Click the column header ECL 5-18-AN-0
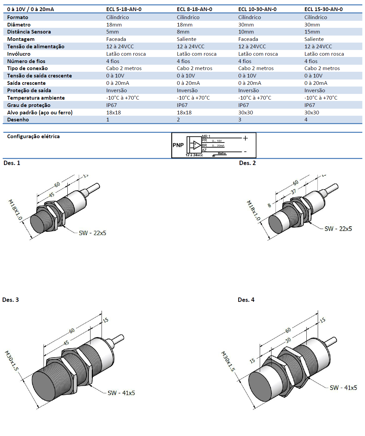(124, 9)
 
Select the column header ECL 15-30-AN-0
(323, 9)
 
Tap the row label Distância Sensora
(29, 32)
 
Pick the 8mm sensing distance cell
(183, 32)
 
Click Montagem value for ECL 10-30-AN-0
(248, 39)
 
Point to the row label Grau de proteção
(28, 105)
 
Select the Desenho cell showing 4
(306, 120)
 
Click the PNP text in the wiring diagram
(178, 145)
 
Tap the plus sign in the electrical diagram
(245, 138)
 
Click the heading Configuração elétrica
(33, 137)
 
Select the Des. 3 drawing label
(10, 300)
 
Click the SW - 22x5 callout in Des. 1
(93, 233)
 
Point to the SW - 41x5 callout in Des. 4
(343, 388)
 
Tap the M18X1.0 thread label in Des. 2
(253, 210)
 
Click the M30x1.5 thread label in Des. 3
(11, 361)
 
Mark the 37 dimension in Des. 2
(293, 192)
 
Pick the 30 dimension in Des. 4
(288, 340)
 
